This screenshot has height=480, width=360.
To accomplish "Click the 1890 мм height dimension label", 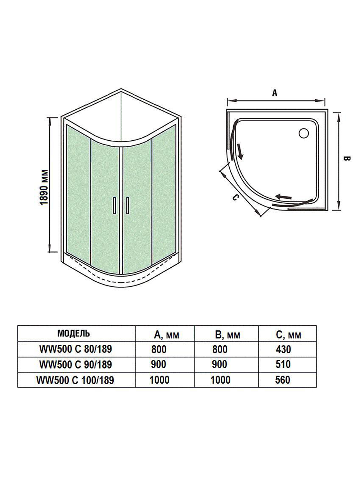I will tap(44, 186).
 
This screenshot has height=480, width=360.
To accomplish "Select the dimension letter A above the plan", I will tap(275, 93).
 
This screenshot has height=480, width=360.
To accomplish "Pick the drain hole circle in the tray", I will tap(304, 133).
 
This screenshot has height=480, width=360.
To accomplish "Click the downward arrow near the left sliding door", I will tap(240, 151).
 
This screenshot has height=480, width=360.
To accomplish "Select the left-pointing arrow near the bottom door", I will tap(284, 197).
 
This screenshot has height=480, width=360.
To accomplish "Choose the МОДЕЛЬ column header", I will tap(74, 333).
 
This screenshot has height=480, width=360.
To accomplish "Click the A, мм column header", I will tap(166, 335).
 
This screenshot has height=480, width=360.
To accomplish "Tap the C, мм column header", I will tap(289, 335).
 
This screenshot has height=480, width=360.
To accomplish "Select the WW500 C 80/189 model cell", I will tap(75, 349).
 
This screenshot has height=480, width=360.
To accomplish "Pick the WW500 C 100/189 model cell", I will tap(75, 380).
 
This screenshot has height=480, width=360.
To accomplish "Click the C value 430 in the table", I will tap(283, 349).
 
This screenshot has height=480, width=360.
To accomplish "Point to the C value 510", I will tap(283, 364).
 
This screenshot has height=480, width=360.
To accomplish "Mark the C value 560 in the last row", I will tap(283, 380).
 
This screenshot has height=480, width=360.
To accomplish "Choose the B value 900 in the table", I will tap(219, 364).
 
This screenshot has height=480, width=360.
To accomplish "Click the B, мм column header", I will tap(228, 335).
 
